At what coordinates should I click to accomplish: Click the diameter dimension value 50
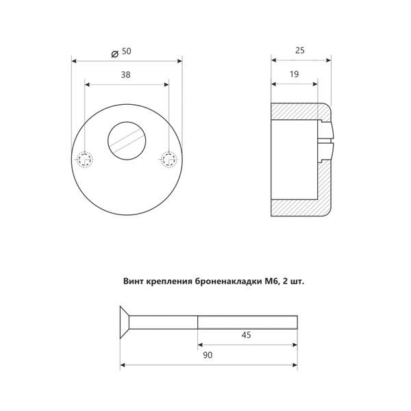(127, 51)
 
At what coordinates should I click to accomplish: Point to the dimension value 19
(295, 76)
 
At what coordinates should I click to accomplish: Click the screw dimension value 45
(247, 335)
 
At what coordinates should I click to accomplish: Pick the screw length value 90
(208, 356)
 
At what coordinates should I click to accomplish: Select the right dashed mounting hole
(168, 160)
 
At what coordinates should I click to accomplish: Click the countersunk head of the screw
(125, 322)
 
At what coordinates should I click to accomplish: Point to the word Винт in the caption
(135, 281)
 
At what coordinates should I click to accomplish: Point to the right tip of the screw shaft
(297, 322)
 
